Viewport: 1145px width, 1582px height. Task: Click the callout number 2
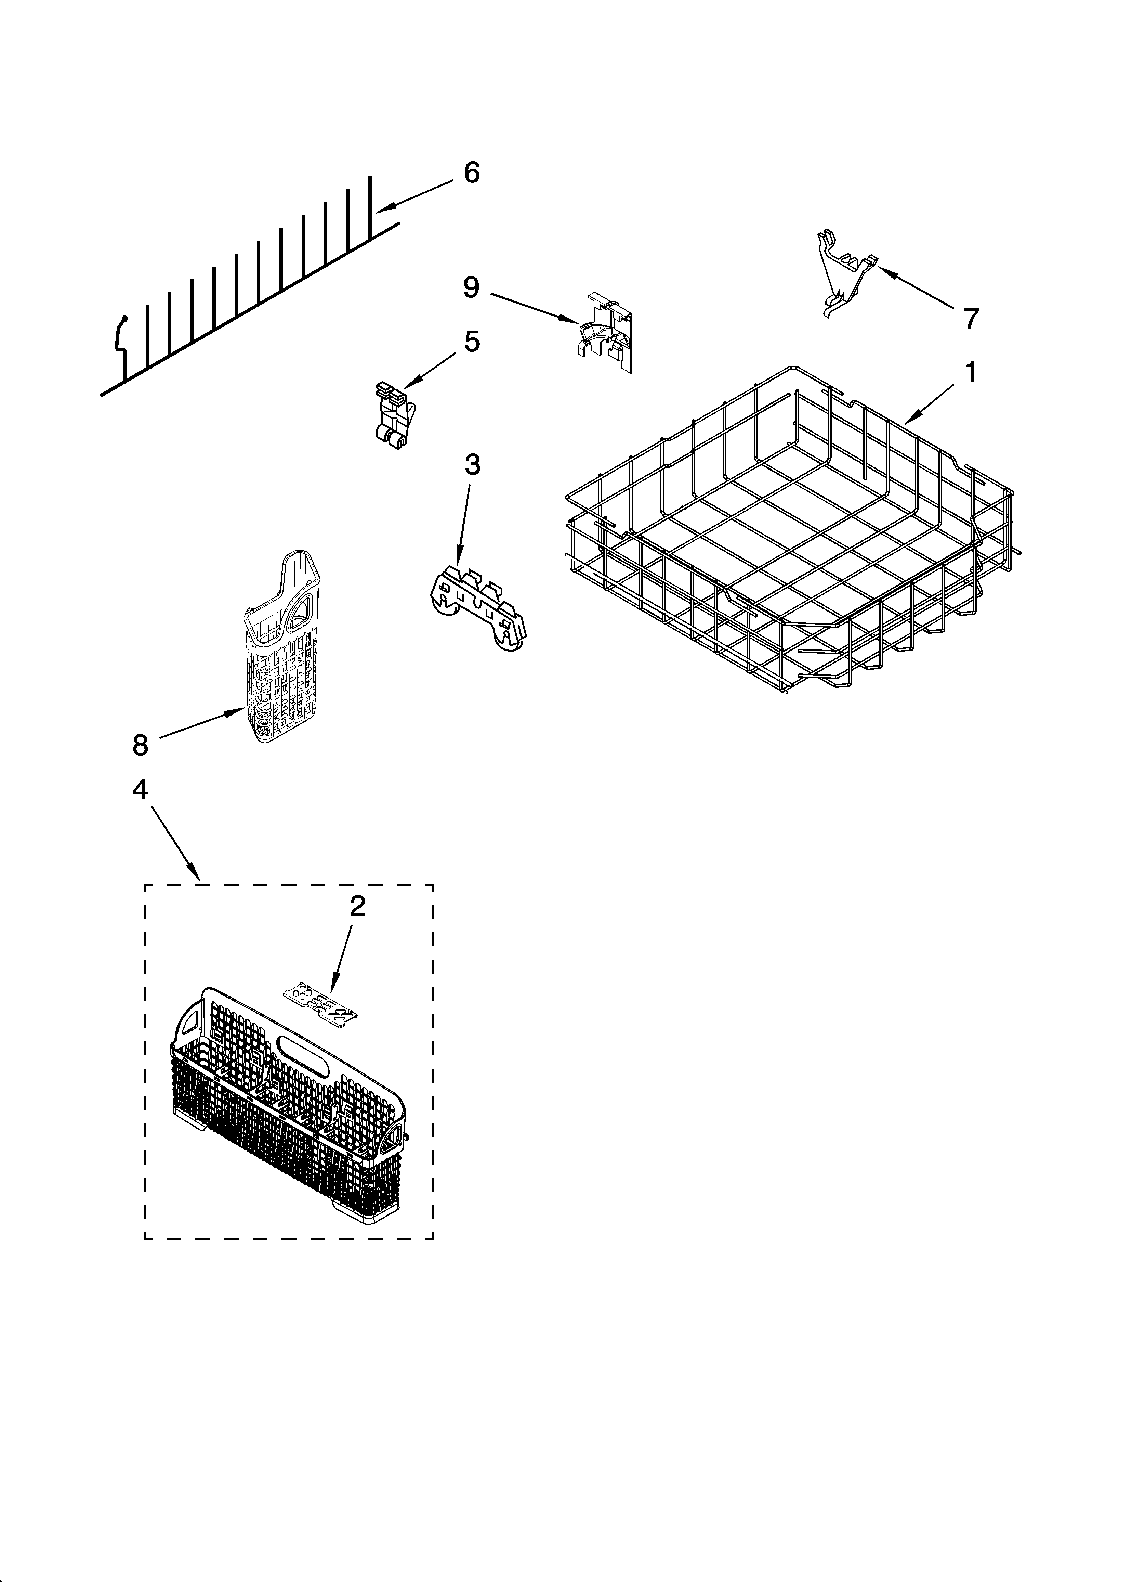pos(357,906)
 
